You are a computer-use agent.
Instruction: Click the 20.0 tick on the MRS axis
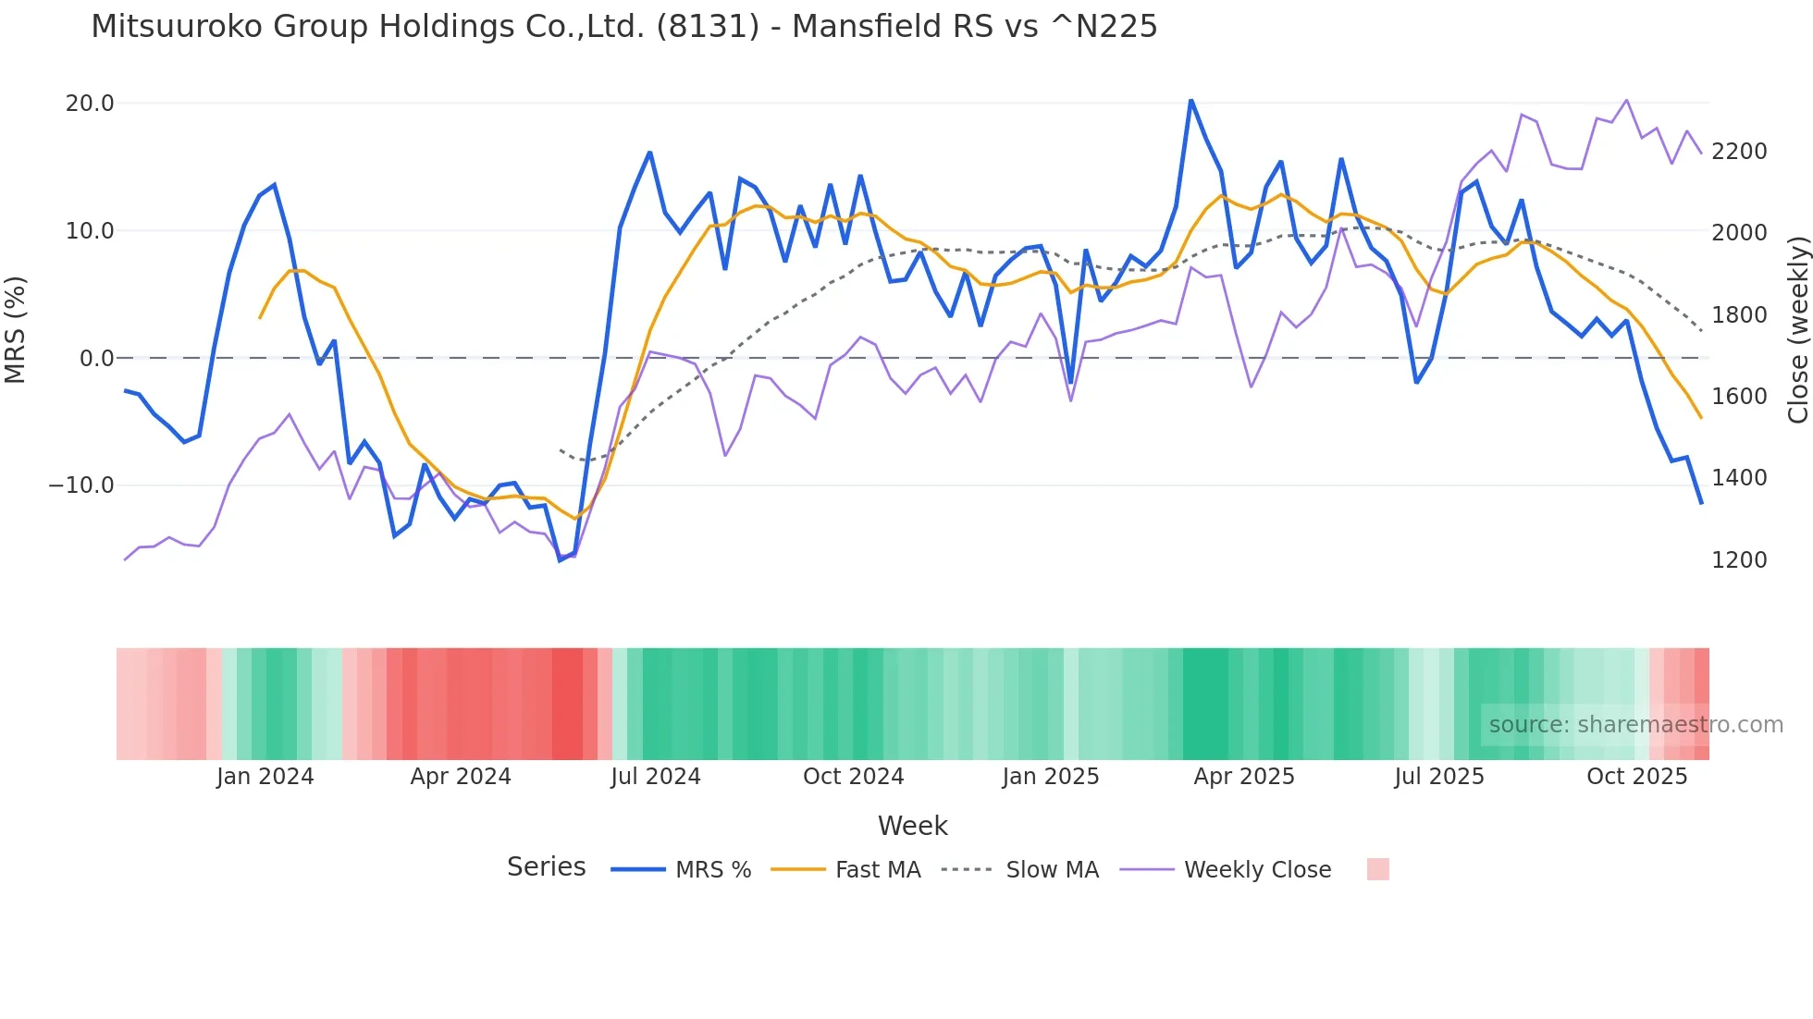tap(89, 104)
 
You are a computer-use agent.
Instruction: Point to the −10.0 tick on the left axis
tap(81, 485)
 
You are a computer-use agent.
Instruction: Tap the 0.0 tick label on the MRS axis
tap(96, 359)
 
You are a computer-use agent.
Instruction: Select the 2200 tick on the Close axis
tap(1739, 152)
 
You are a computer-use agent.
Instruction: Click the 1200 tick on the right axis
tap(1739, 560)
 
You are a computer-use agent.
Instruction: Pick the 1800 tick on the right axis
tap(1739, 315)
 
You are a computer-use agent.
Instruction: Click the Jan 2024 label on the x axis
tap(265, 777)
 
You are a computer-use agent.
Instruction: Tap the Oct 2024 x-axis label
tap(853, 777)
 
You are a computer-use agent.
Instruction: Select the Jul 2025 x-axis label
tap(1438, 777)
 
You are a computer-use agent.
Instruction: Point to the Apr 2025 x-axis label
tap(1243, 777)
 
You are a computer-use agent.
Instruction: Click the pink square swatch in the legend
tap(1377, 869)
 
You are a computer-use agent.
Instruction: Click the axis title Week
tap(912, 826)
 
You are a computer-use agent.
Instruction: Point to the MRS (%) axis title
tap(16, 330)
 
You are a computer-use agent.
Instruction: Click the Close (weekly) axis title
tap(1797, 330)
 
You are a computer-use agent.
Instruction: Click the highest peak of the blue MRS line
tap(1190, 100)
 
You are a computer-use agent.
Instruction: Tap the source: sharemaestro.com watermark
tap(1635, 725)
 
